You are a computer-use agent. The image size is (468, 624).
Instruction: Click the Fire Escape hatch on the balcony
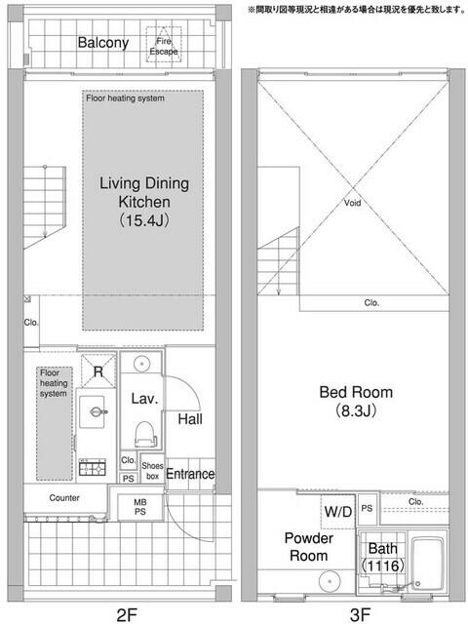163,43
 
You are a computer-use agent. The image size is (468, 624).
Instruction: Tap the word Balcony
103,43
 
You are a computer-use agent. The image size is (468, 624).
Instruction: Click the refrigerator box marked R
99,369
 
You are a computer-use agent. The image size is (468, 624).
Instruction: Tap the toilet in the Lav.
143,432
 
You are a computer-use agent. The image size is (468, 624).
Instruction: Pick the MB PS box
140,507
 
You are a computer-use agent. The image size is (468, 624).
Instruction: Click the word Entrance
189,474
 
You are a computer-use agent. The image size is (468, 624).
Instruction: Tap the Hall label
189,419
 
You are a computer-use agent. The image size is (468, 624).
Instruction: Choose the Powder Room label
309,547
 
